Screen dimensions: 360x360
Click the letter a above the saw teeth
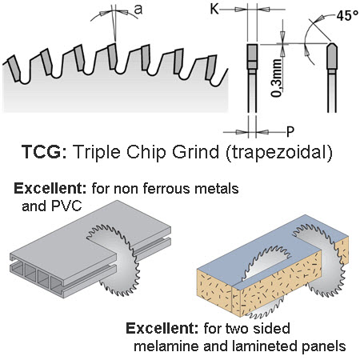(x=138, y=10)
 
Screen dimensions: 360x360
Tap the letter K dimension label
(x=214, y=9)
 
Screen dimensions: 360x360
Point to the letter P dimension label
(x=290, y=131)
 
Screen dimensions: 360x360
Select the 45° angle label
(x=347, y=16)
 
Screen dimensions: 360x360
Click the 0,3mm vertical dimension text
(x=276, y=78)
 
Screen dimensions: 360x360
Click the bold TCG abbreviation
(x=42, y=152)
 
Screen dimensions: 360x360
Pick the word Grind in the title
(x=195, y=152)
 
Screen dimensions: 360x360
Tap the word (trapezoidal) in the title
(x=279, y=153)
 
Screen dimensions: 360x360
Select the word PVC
(x=66, y=206)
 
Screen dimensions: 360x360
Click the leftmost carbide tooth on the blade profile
(x=14, y=68)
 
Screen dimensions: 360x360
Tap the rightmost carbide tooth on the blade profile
(x=211, y=68)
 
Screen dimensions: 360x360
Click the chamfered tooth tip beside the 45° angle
(x=332, y=56)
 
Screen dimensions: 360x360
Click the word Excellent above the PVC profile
(x=50, y=189)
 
